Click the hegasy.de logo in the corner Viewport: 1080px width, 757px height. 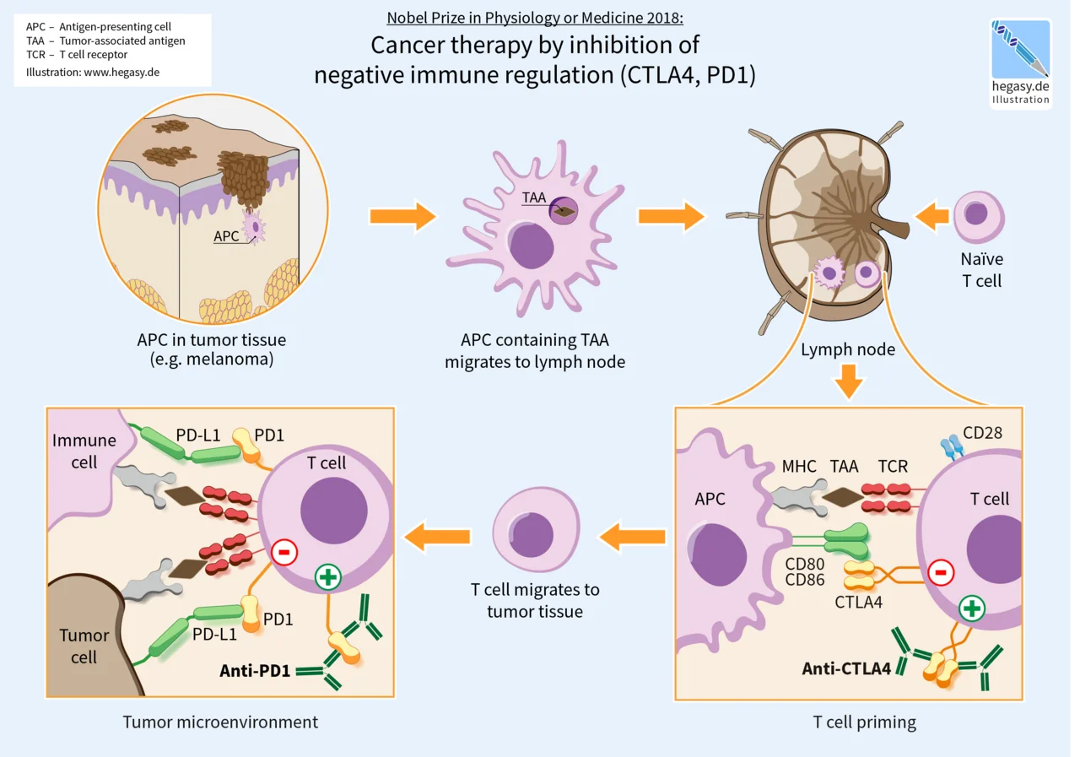[1021, 62]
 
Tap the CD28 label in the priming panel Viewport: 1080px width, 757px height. [982, 433]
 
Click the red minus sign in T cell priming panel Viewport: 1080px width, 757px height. [941, 573]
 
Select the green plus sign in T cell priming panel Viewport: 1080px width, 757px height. [972, 608]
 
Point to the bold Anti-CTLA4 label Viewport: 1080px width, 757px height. [846, 669]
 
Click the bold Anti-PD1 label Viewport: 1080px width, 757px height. [255, 672]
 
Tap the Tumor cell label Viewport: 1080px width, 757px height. [84, 646]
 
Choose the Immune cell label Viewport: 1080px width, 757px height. [84, 451]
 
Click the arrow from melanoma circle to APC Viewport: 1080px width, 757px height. [402, 217]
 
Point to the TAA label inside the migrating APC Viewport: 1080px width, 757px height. [534, 198]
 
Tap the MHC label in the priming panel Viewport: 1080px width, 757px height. [798, 466]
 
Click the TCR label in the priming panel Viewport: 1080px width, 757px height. [893, 466]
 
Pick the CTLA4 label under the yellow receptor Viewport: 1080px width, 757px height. [858, 602]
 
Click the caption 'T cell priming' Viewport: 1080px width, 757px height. [864, 722]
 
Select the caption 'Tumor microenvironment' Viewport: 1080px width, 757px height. [220, 722]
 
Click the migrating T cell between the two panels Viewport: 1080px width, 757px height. [536, 534]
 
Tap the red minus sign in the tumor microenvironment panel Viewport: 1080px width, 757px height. [284, 553]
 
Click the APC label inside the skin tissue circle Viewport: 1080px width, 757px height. [226, 236]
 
